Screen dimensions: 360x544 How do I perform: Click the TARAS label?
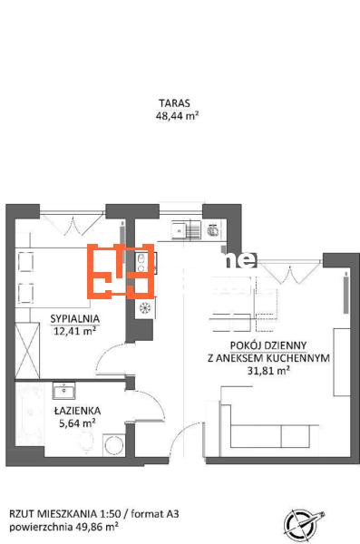coord(175,103)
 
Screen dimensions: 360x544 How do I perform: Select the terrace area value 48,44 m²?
coord(177,115)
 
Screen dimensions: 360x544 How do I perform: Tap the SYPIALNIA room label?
coord(75,318)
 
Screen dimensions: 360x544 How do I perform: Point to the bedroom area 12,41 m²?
coord(75,331)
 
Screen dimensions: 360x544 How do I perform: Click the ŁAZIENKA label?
coord(77,411)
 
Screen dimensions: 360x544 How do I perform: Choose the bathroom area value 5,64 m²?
coord(77,423)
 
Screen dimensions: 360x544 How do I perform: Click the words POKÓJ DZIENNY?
coord(268,345)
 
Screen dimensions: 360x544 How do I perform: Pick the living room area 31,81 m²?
coord(268,371)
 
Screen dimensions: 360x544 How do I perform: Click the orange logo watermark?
coord(121,271)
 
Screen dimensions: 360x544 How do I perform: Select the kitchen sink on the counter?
coord(186,229)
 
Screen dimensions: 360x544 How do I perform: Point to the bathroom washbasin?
coord(63,391)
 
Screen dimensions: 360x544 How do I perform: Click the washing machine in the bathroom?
coord(114,445)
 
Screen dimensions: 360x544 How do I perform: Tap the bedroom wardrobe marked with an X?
coord(27,350)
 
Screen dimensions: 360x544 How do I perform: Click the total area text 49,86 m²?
coord(95,528)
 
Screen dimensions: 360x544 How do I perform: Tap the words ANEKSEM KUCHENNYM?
coord(273,358)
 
